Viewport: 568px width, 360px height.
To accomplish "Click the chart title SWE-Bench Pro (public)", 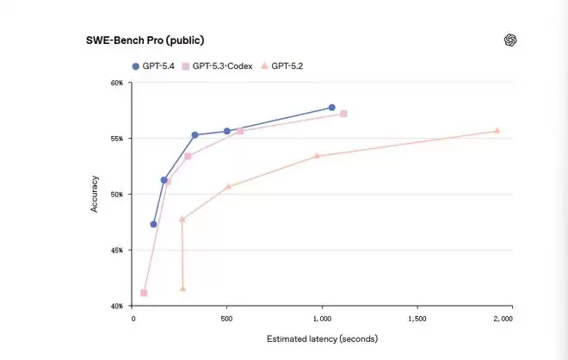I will (145, 40).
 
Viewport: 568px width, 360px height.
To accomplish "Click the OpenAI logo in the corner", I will (510, 40).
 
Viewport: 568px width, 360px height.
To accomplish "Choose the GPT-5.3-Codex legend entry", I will (217, 65).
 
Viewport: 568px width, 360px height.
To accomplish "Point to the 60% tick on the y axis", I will (116, 83).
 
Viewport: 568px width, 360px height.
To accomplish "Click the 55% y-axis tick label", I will (116, 139).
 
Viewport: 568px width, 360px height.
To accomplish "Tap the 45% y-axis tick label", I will (116, 250).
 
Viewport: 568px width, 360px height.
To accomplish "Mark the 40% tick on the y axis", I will (116, 306).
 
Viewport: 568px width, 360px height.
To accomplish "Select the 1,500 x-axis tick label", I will (417, 319).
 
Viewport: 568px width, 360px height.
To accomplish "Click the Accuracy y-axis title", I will (96, 194).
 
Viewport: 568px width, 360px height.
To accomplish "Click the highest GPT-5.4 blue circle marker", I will (332, 108).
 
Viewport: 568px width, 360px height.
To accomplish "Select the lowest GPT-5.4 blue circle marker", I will (153, 224).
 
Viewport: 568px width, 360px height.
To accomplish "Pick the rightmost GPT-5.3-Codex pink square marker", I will (343, 114).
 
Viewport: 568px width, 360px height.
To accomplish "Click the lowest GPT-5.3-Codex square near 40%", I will (144, 293).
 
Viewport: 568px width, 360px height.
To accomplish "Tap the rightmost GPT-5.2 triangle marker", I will (497, 131).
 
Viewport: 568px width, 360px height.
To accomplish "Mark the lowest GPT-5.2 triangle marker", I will (182, 289).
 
